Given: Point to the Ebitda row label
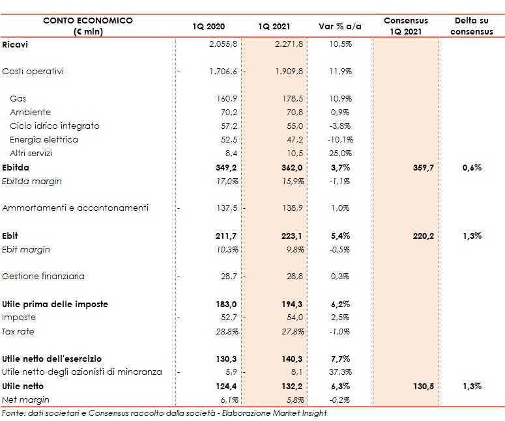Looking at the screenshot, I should click(x=16, y=167).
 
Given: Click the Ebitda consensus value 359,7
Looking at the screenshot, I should click(x=423, y=167).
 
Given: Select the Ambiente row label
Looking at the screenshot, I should click(x=30, y=112).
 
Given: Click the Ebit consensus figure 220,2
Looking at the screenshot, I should click(x=423, y=236).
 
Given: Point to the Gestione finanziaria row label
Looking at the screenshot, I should click(x=44, y=276).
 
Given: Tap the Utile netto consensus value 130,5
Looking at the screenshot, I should click(x=423, y=386).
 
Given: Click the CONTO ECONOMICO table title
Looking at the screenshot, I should click(x=88, y=20).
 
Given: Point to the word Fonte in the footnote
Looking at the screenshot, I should click(x=12, y=413).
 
